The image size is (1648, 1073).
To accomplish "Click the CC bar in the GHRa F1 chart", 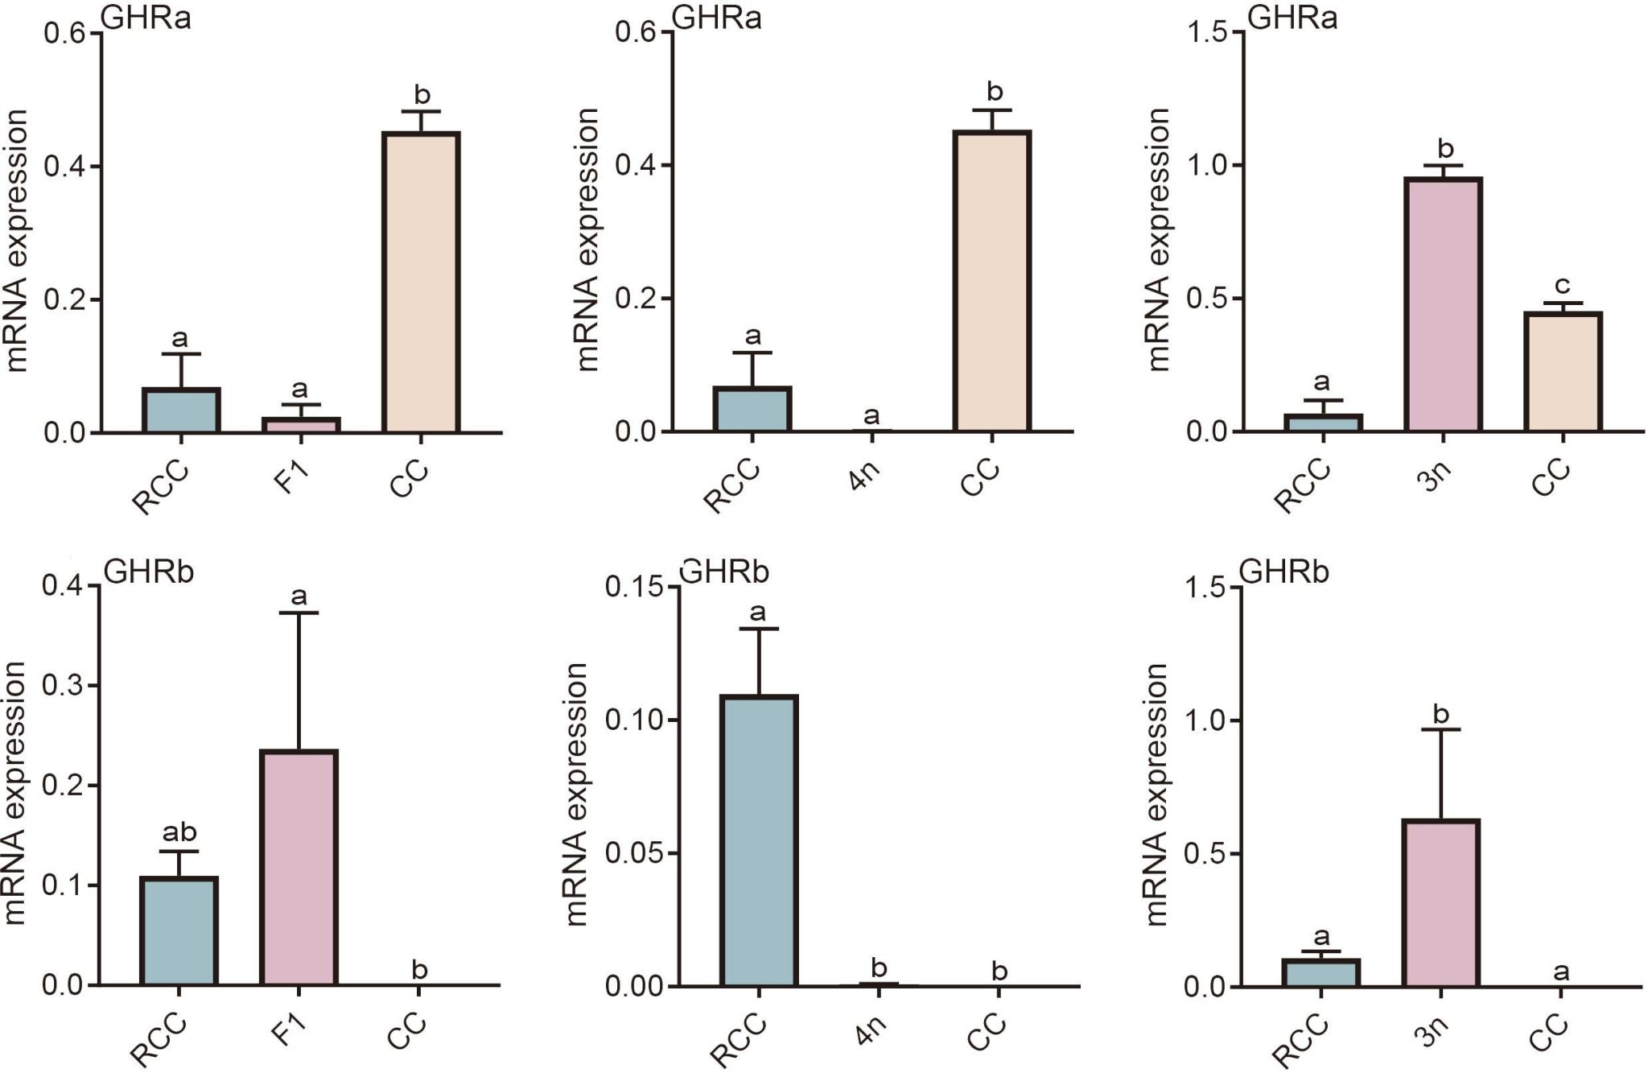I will point(421,282).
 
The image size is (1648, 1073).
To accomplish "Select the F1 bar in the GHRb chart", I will point(299,868).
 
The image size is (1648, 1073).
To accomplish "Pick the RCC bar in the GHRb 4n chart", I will point(759,840).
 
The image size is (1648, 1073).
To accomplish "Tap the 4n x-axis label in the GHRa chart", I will point(864,477).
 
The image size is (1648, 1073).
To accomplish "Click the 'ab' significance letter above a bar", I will point(179,832).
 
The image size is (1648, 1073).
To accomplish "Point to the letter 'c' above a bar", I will point(1562,286).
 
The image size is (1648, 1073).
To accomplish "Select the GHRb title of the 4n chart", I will point(725,572).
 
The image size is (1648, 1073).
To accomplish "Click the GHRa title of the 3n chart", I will point(1292,18).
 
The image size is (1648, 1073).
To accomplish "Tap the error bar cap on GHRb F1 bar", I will point(299,613).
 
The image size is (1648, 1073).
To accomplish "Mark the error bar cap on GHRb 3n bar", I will point(1441,729).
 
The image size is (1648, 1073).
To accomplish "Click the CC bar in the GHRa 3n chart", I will point(1563,371).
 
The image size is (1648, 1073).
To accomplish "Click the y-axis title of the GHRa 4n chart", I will point(589,240).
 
